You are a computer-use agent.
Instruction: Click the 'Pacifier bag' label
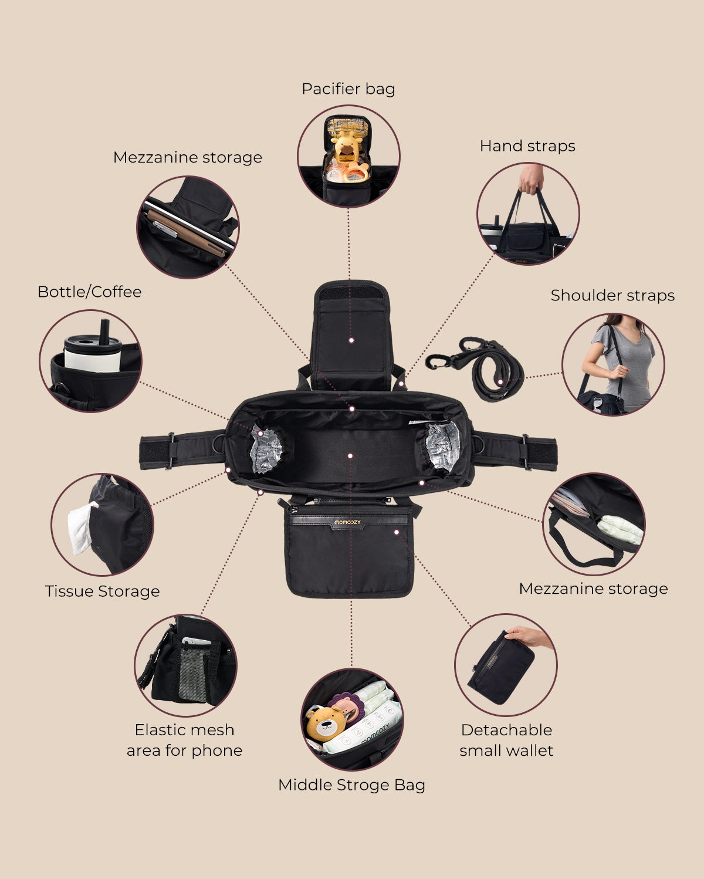pyautogui.click(x=348, y=89)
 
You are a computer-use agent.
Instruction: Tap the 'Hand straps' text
pyautogui.click(x=527, y=146)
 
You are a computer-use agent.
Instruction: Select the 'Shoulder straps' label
pyautogui.click(x=612, y=295)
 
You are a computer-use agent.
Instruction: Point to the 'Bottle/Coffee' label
pyautogui.click(x=89, y=292)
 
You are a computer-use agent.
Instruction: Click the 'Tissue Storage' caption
pyautogui.click(x=102, y=591)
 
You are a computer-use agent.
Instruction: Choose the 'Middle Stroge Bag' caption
pyautogui.click(x=351, y=785)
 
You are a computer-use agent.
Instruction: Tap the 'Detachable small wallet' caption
pyautogui.click(x=506, y=740)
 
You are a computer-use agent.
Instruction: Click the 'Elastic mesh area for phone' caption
pyautogui.click(x=185, y=740)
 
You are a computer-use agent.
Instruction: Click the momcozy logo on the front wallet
pyautogui.click(x=347, y=522)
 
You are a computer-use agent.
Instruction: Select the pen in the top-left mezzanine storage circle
pyautogui.click(x=165, y=229)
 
